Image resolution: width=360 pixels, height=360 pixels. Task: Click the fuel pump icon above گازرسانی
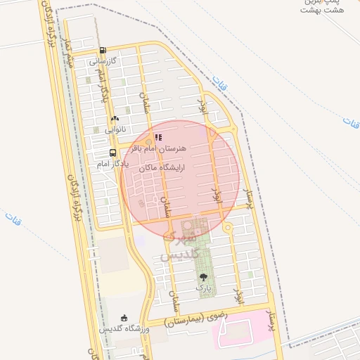point(103,50)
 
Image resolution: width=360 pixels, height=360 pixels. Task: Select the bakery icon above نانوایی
point(114,119)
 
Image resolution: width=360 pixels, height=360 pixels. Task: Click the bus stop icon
point(113,153)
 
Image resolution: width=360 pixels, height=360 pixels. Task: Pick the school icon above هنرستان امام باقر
point(159,137)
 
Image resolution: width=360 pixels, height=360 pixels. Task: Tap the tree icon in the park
point(203,277)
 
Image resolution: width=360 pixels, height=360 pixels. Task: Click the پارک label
point(202,288)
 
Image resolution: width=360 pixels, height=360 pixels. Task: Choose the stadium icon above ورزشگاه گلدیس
point(124,318)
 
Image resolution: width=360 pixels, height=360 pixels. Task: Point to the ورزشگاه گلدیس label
point(120,329)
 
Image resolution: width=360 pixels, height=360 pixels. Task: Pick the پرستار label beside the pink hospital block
point(271,321)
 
